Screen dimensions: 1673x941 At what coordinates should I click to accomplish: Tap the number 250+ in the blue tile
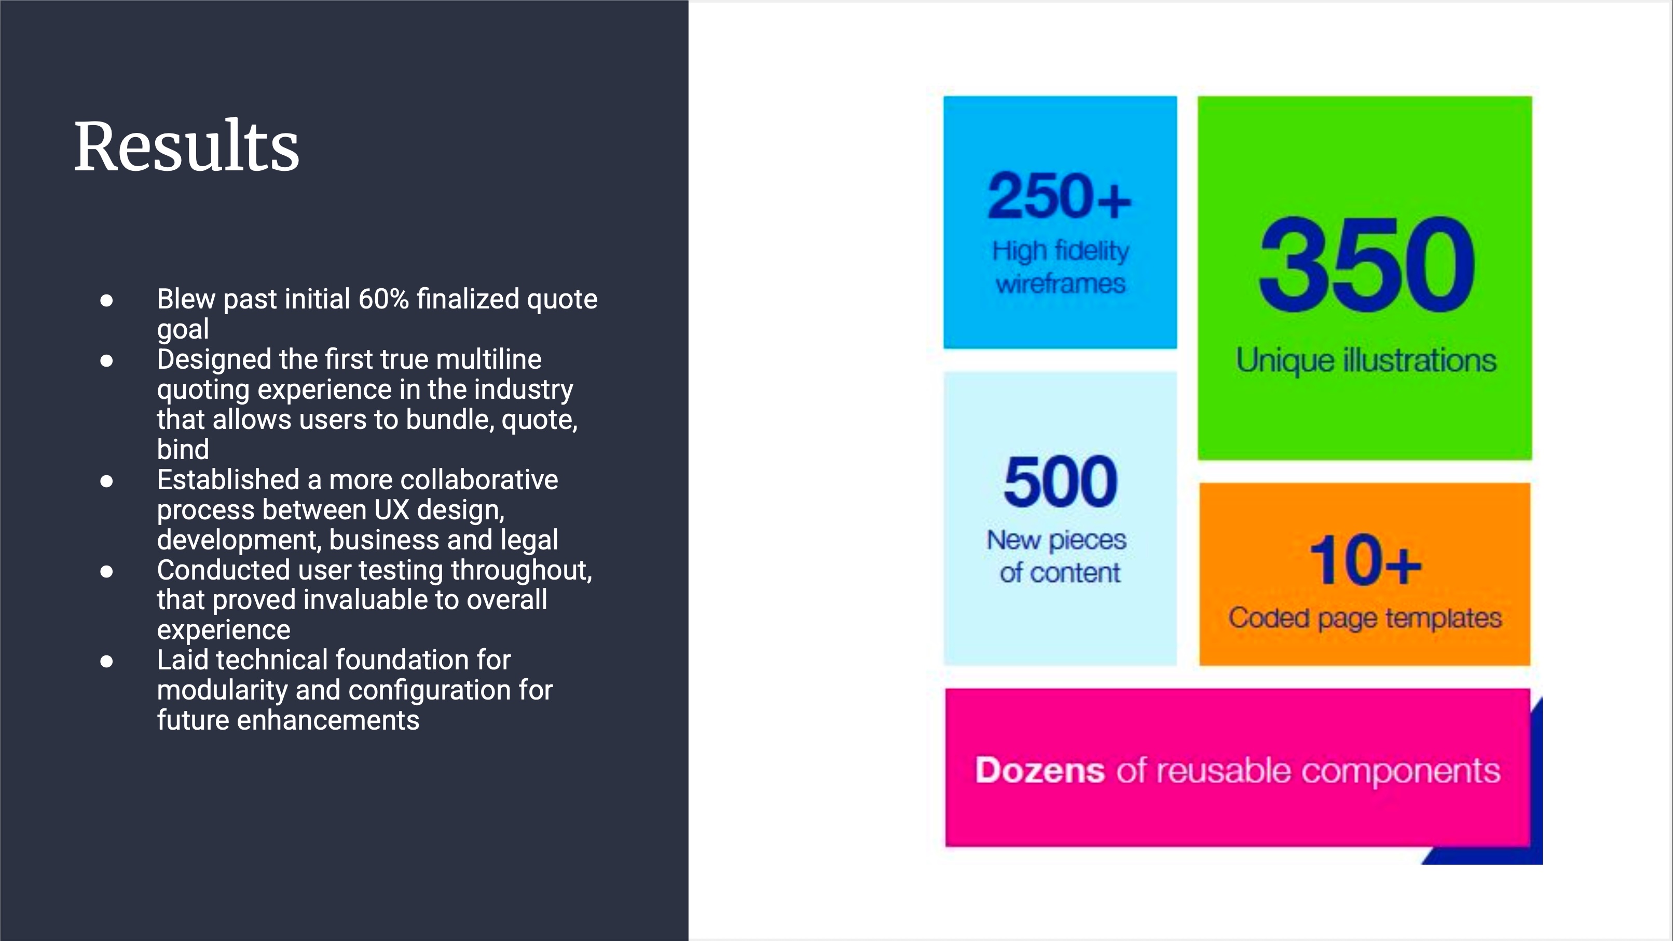[x=1059, y=196]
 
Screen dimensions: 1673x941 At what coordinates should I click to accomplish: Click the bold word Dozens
[x=1039, y=771]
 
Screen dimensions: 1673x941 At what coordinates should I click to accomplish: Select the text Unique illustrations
[x=1366, y=361]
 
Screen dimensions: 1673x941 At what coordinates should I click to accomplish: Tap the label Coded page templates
[x=1365, y=619]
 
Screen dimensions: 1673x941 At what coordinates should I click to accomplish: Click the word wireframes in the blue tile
[x=1061, y=284]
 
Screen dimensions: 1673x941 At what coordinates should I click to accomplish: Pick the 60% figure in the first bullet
[x=383, y=300]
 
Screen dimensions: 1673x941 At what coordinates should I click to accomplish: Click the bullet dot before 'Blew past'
[x=106, y=300]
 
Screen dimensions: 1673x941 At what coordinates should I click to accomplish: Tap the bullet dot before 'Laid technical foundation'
[x=106, y=662]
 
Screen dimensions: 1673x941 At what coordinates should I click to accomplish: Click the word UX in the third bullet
[x=392, y=510]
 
